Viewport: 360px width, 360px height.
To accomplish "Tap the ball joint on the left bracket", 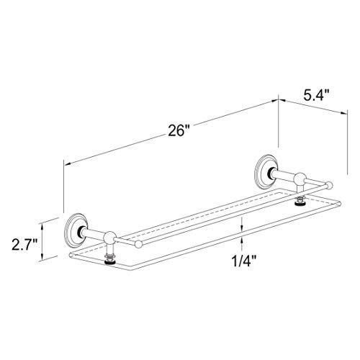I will (109, 238).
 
